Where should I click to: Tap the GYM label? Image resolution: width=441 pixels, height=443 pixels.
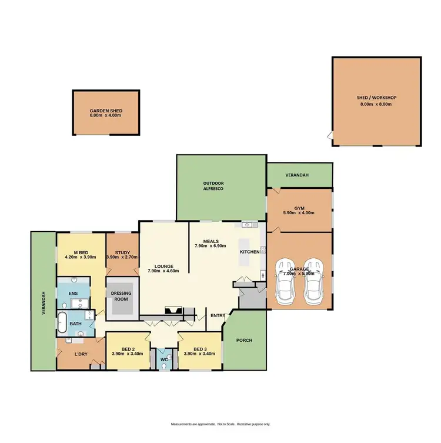click(300, 208)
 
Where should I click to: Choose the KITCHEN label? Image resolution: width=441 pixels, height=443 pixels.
click(249, 252)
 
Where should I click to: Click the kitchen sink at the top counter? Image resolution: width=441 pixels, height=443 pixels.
click(247, 225)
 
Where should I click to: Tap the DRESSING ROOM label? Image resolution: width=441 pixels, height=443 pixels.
click(122, 296)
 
